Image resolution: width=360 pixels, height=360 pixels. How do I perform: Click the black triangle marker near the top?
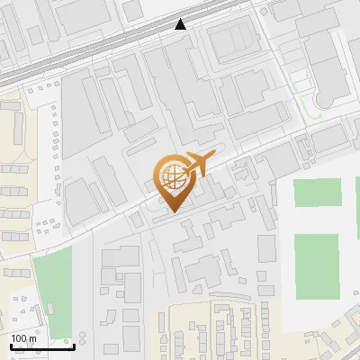[181, 24]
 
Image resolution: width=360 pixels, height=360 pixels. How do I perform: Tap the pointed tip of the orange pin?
[174, 212]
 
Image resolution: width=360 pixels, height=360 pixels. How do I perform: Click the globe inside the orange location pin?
[174, 177]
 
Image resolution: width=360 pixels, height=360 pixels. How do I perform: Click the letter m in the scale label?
[32, 337]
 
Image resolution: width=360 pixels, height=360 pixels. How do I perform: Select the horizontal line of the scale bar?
[42, 345]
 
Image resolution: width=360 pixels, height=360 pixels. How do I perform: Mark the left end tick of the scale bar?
[11, 343]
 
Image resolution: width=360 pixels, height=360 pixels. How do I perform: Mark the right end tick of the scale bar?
[74, 343]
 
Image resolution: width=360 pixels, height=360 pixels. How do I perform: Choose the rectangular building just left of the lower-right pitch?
[266, 248]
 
